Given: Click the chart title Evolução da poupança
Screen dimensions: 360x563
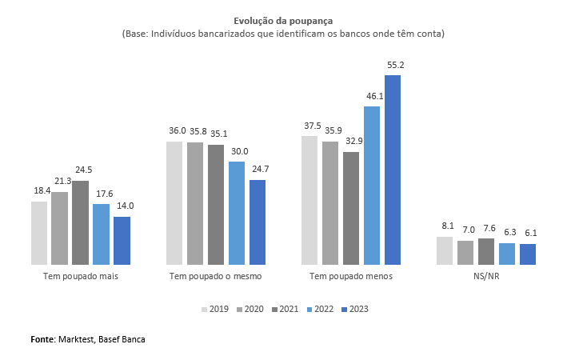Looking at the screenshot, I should tap(283, 21).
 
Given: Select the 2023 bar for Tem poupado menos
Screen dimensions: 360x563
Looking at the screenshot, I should tap(393, 170).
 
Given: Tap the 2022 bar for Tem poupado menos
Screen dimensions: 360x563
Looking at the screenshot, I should tap(372, 186).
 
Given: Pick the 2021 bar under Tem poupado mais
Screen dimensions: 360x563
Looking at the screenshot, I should tap(80, 222).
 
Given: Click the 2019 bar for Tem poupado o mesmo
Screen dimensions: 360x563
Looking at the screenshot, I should tap(174, 203).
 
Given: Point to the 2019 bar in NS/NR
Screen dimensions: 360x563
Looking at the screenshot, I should tap(445, 250).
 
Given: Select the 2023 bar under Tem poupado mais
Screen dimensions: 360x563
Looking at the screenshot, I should tap(122, 240).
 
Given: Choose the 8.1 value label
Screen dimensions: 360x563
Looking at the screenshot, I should tap(446, 226).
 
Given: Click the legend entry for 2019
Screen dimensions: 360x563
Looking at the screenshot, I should tap(216, 310).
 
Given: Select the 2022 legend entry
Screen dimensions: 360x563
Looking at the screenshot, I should tap(320, 310).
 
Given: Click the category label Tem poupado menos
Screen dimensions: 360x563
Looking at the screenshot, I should tap(350, 276).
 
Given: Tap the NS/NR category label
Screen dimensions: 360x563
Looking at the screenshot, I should tap(487, 276).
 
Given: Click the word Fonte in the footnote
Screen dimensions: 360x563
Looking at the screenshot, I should tap(42, 339).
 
